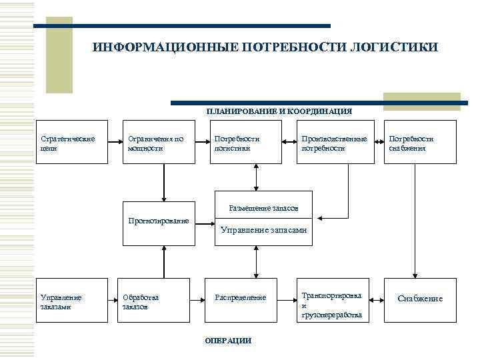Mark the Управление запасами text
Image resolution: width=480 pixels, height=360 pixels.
263,230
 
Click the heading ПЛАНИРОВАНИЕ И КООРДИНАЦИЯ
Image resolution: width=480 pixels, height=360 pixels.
279,111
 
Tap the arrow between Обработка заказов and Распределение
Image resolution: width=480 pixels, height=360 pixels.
189,297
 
